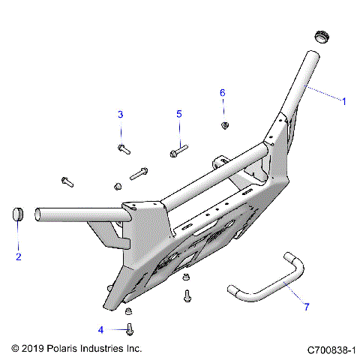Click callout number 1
(x=344, y=101)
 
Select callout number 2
(x=19, y=257)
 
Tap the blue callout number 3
(x=119, y=114)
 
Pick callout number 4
(x=100, y=328)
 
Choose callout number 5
(x=179, y=114)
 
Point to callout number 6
(x=222, y=92)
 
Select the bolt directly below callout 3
(x=124, y=149)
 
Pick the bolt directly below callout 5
(x=178, y=151)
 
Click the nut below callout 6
(x=223, y=124)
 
